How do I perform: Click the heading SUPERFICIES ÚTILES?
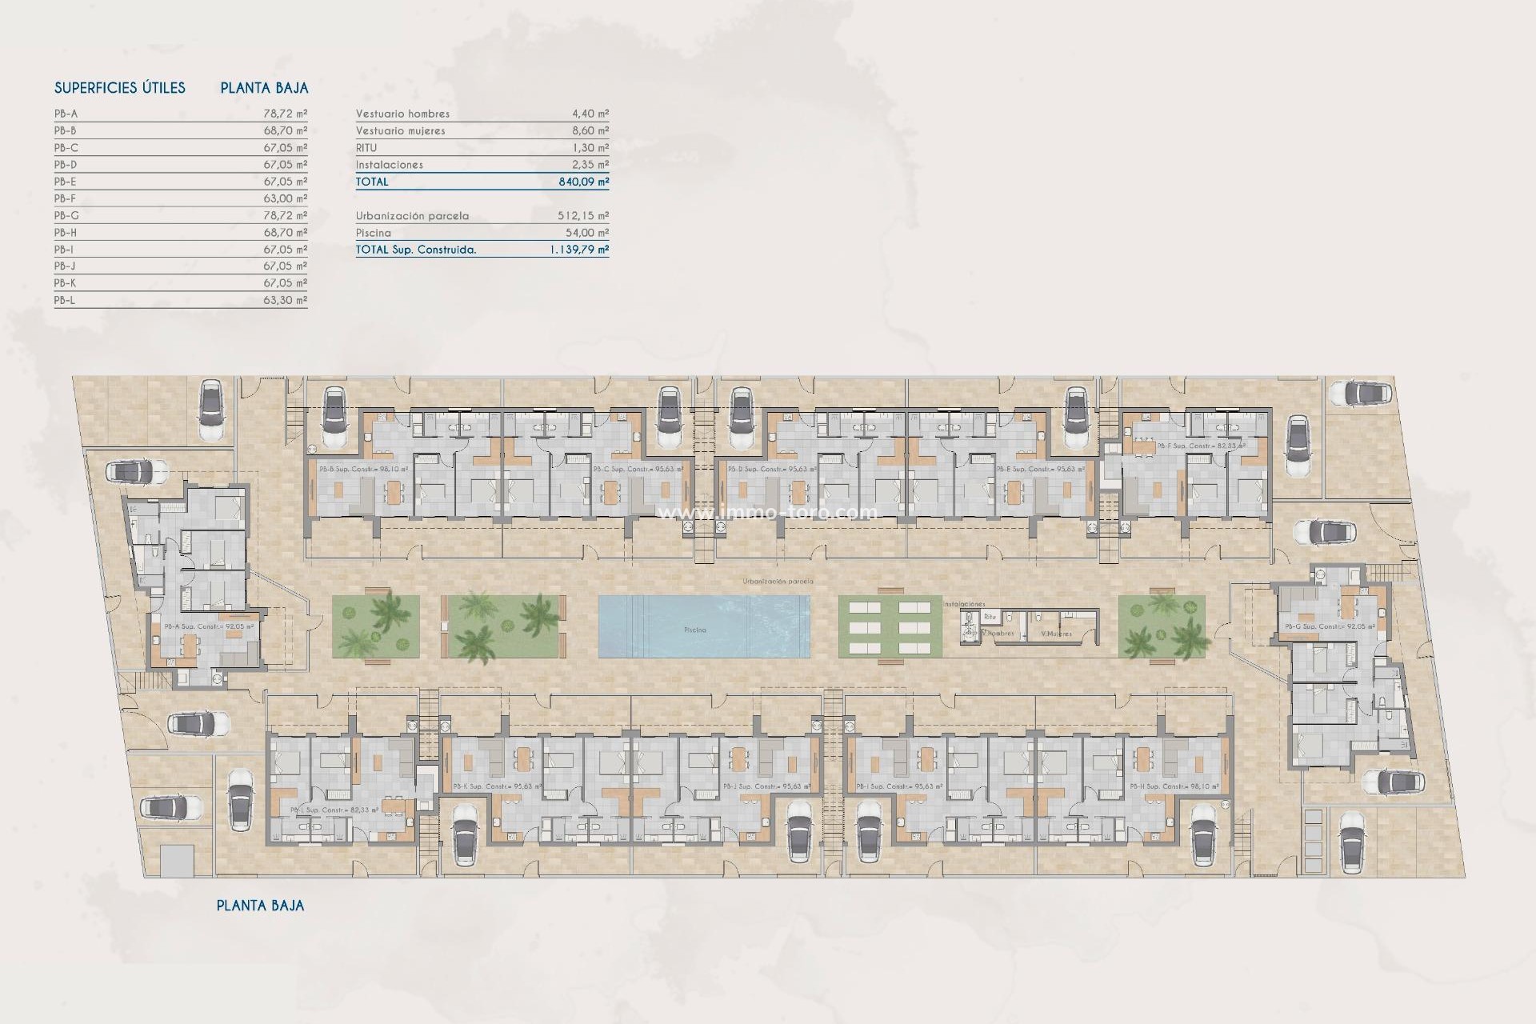pos(120,88)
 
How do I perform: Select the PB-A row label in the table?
pos(66,114)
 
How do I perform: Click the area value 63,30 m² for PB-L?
pos(285,301)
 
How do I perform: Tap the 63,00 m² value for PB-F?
pos(285,198)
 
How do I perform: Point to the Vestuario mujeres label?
pos(401,130)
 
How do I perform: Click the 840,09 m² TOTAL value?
pos(583,182)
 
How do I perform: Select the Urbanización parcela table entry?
pos(413,216)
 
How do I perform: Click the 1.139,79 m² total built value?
pos(578,250)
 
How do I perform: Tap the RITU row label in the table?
pos(366,148)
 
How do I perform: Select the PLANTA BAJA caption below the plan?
pos(261,906)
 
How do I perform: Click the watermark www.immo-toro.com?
pos(767,512)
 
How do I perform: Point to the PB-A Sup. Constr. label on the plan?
pos(209,626)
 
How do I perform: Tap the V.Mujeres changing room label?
pos(1056,634)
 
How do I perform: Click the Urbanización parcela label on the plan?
pos(778,582)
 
